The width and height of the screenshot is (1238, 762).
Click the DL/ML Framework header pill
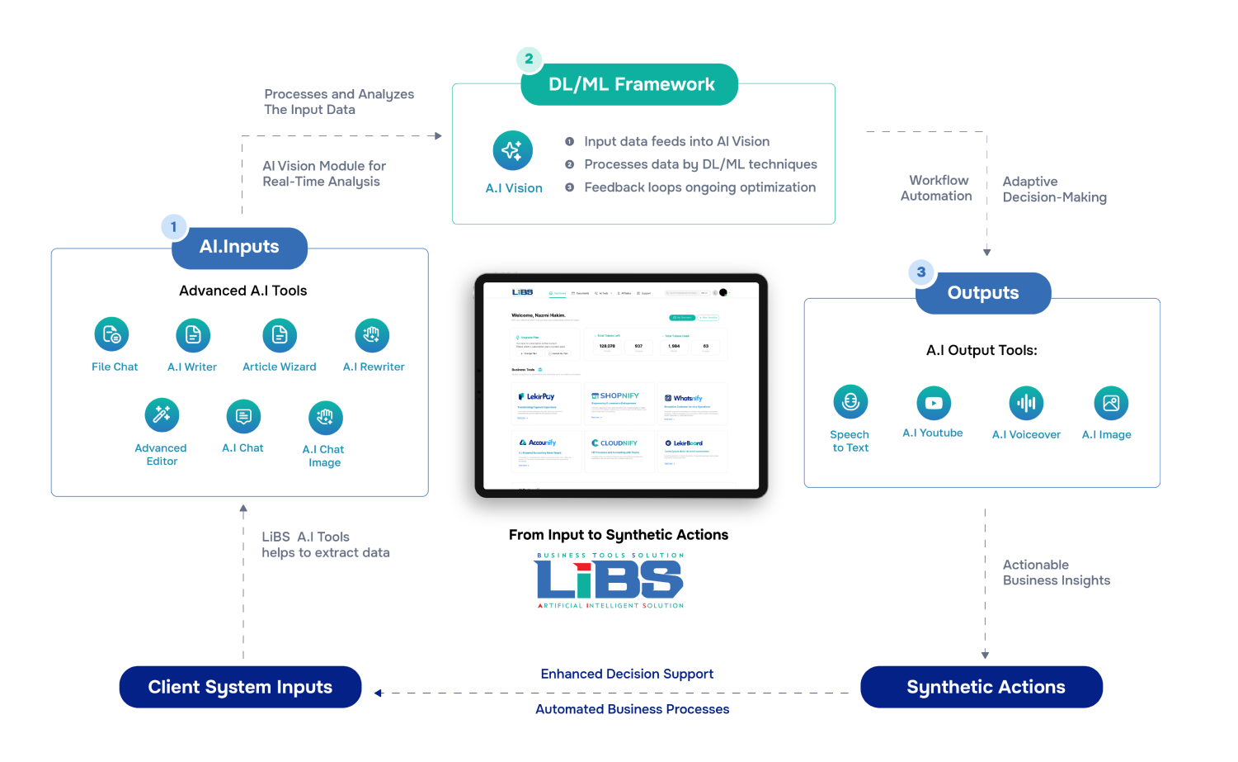click(x=630, y=84)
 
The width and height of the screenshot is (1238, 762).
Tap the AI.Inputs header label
click(x=239, y=247)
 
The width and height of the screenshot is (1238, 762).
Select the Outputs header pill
click(x=983, y=293)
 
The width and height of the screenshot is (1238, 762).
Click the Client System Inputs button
click(x=240, y=687)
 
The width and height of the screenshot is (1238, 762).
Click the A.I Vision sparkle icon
click(x=512, y=150)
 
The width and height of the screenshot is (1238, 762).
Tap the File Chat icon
click(x=111, y=334)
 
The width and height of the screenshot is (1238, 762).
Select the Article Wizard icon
click(x=280, y=334)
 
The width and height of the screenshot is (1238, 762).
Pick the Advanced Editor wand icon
click(x=162, y=414)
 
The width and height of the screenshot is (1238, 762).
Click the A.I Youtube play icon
click(x=934, y=403)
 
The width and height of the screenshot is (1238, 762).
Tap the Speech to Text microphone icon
click(x=850, y=402)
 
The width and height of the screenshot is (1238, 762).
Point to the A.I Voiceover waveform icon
click(x=1026, y=403)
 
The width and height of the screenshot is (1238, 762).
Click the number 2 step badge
click(x=529, y=59)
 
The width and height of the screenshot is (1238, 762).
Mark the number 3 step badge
click(x=921, y=272)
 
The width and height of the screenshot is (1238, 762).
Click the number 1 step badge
click(x=173, y=226)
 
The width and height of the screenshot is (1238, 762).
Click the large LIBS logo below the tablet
click(x=610, y=581)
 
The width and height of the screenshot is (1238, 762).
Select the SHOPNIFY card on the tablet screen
click(x=619, y=403)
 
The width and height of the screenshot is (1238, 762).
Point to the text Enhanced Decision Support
click(x=627, y=674)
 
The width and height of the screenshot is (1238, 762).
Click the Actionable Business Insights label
click(x=1056, y=572)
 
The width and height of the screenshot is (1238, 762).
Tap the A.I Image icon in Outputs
click(x=1111, y=403)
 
